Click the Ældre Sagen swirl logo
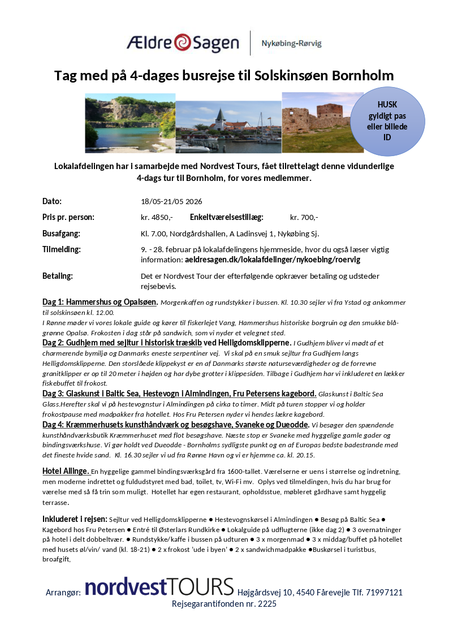[182, 42]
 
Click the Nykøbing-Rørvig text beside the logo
[291, 43]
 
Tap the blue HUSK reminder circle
[387, 121]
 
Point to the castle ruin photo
[317, 123]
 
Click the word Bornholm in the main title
[362, 76]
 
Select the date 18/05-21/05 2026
[171, 201]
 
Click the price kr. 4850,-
[157, 217]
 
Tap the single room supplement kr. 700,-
[304, 217]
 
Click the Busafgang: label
[61, 234]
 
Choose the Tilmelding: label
[61, 249]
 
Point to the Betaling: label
[58, 276]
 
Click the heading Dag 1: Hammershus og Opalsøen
[101, 303]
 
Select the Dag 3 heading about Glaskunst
[179, 393]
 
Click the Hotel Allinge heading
[66, 471]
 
